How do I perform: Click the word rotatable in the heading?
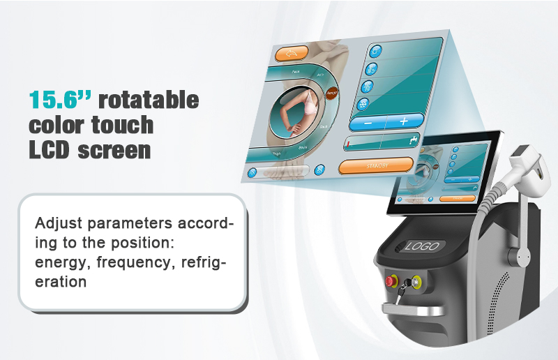point(148,100)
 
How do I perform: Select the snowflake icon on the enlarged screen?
point(363,103)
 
